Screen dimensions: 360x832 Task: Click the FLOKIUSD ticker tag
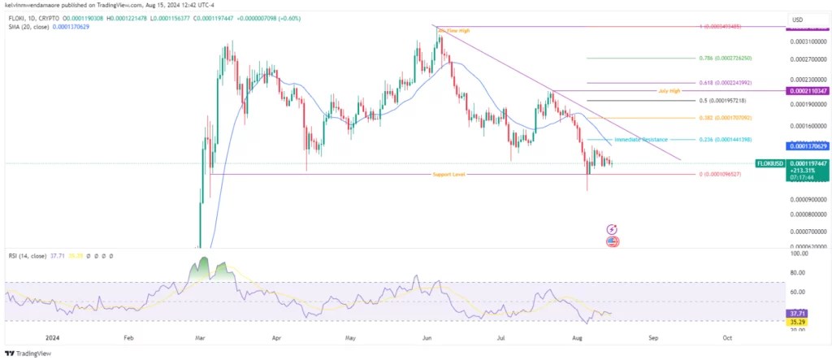[770, 163]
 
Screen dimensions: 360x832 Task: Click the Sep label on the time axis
[652, 336]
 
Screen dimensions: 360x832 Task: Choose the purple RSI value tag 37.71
[798, 313]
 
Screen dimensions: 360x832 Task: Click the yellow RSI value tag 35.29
[798, 322]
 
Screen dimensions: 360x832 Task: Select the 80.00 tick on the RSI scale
[798, 273]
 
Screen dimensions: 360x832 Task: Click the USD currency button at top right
[797, 20]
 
